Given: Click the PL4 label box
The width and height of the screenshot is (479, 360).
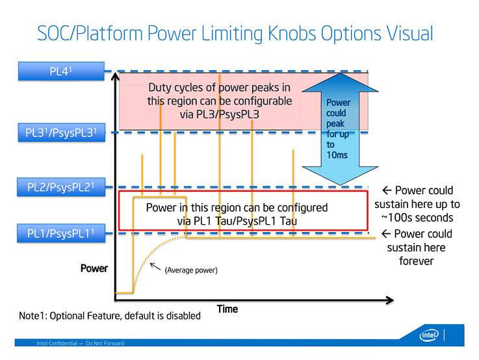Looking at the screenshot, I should pos(61,71).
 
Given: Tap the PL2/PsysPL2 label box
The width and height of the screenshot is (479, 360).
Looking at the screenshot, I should pos(61,188).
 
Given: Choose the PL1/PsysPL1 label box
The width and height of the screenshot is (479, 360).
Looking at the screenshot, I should pos(61,233).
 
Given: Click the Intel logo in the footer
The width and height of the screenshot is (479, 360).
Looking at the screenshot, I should pos(429,335).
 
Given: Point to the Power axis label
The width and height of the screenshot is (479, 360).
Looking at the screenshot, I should pos(94,268).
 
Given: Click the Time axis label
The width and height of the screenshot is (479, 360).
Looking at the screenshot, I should pos(227,309).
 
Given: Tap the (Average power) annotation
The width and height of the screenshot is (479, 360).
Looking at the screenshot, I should pos(190,270).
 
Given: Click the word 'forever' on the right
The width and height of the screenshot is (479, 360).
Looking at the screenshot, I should pos(416,261).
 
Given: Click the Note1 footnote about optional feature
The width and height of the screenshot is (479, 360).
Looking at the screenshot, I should pos(110,316).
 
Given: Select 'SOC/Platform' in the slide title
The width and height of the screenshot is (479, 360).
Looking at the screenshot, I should pos(76,33).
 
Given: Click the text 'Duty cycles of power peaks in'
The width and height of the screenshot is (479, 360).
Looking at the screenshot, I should pos(220,87).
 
